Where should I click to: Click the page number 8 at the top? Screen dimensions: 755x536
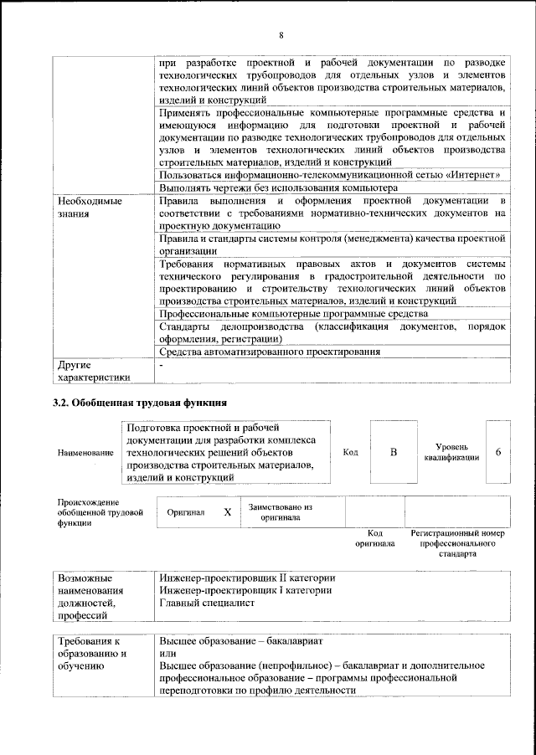click(281, 34)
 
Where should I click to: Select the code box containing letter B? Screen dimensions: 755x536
click(393, 452)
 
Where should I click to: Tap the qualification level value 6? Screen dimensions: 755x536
click(498, 452)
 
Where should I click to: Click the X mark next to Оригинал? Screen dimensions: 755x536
click(227, 511)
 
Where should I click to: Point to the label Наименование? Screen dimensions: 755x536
click(85, 453)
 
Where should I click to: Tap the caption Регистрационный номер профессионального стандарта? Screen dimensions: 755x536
click(457, 542)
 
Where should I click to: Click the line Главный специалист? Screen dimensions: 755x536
click(206, 602)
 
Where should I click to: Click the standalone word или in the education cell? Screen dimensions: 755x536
click(167, 653)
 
